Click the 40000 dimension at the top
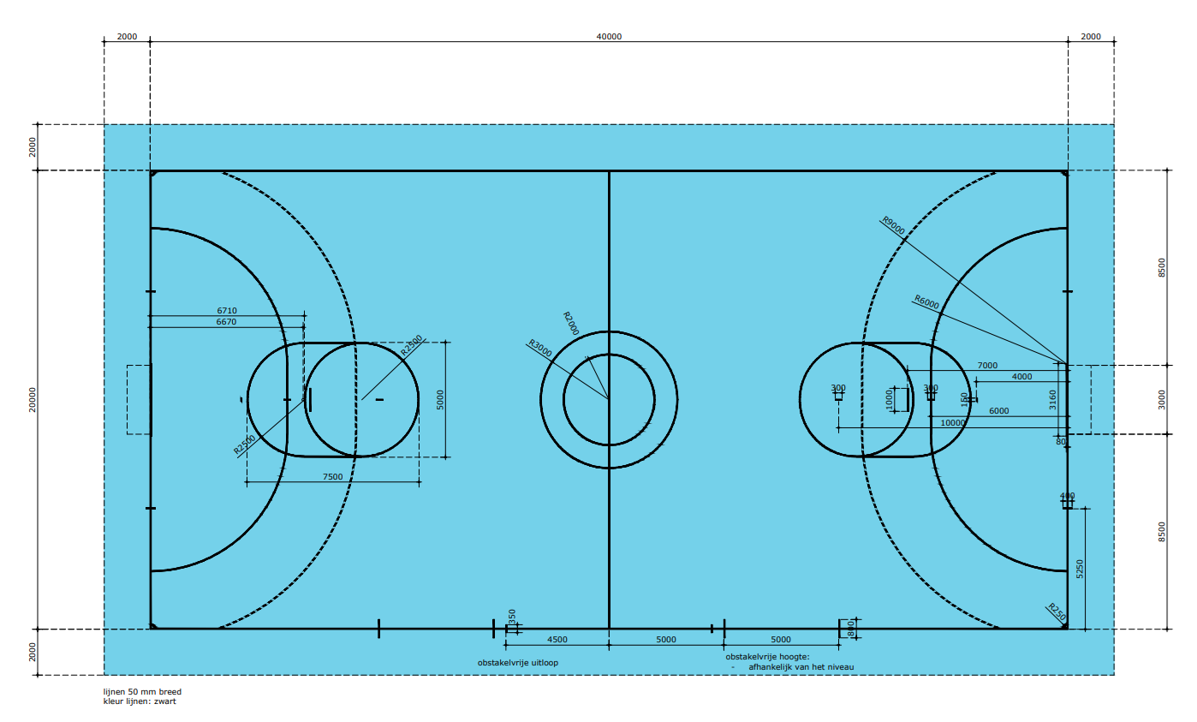coord(609,37)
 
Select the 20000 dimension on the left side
coord(33,399)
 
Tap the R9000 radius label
coord(893,224)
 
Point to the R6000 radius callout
coord(926,301)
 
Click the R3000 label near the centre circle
coord(539,347)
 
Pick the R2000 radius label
coord(571,324)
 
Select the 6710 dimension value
coord(227,311)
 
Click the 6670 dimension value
coord(227,322)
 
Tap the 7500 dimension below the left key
coord(332,477)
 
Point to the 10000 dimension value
coord(952,422)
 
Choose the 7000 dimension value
coord(987,366)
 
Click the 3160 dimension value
coord(1053,399)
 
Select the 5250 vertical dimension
coord(1080,570)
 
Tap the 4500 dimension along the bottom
coord(557,640)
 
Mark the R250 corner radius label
coord(1057,612)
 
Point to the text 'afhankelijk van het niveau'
coord(801,666)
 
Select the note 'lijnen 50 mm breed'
coord(142,691)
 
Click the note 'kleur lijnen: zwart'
coord(140,701)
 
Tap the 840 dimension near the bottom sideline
coord(850,630)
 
